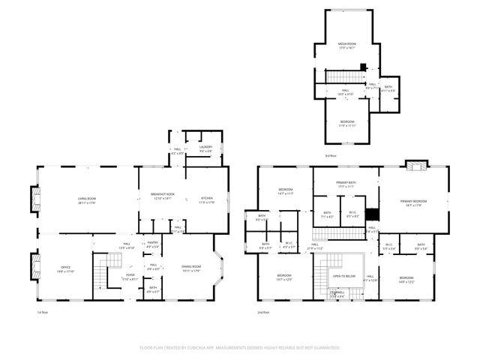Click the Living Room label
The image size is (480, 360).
point(87,200)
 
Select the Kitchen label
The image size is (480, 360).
point(207,199)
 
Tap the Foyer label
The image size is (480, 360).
point(130,277)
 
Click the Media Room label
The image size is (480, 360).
point(346,46)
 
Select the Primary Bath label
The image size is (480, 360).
point(346,184)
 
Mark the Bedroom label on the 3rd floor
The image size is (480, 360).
point(347,123)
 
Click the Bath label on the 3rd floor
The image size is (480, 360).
point(388,88)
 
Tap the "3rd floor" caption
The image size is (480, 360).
point(330,155)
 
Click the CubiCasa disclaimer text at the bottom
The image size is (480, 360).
point(239,348)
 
